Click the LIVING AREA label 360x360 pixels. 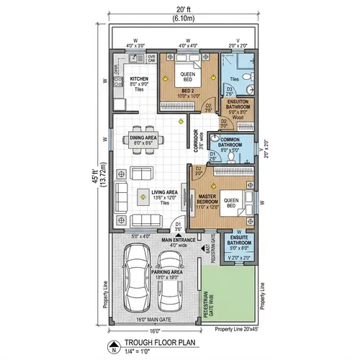tap(164, 192)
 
